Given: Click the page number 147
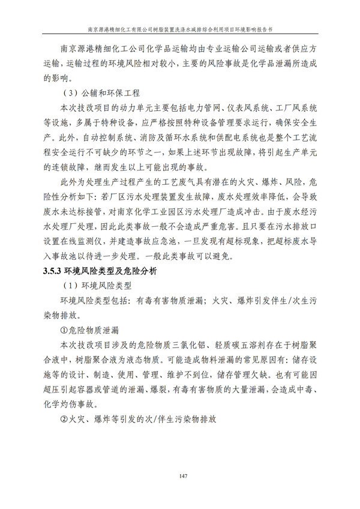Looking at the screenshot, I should [180, 477].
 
